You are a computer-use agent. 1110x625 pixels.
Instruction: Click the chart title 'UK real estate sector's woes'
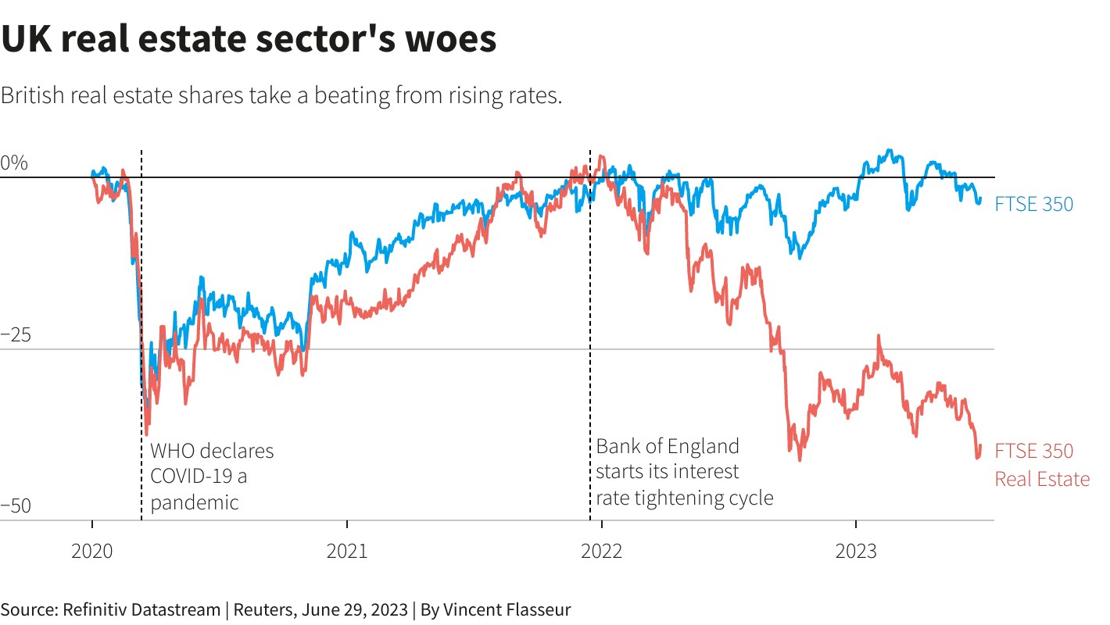point(249,39)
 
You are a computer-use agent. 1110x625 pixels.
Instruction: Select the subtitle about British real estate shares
point(281,96)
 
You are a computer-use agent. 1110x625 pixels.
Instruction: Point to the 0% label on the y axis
point(14,163)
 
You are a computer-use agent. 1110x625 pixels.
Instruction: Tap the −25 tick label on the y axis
point(15,335)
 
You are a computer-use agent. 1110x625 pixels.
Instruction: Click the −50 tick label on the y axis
point(15,506)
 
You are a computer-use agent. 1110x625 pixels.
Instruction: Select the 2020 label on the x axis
point(92,552)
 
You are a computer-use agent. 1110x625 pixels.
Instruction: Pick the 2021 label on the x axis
point(347,552)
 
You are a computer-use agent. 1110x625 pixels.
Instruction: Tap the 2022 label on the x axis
point(601,552)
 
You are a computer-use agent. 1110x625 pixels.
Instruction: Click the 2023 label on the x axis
point(856,552)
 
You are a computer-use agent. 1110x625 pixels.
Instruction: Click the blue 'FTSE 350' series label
point(1033,205)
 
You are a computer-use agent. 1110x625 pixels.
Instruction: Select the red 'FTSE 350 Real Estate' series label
point(1041,465)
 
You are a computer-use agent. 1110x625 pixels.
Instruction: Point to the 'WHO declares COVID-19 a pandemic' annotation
point(212,477)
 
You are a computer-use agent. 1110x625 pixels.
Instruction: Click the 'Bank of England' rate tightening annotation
point(684,472)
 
